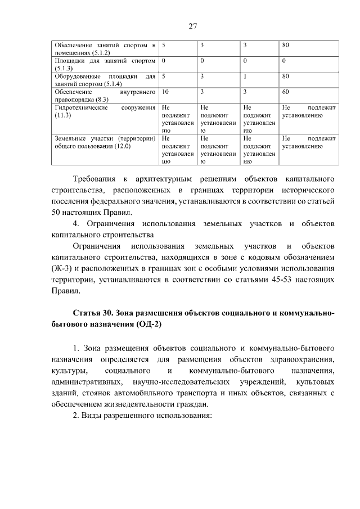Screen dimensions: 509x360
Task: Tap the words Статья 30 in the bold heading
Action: tap(93, 312)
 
